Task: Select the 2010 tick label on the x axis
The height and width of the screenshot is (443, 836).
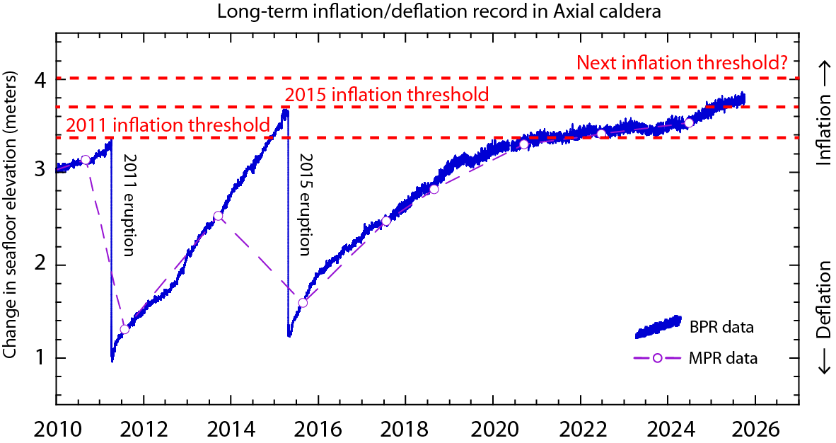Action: coord(56,428)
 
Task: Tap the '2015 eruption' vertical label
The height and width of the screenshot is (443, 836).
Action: coord(305,205)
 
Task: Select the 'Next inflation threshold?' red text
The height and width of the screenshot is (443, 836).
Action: coord(683,62)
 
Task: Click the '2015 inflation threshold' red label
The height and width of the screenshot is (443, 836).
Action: coord(386,95)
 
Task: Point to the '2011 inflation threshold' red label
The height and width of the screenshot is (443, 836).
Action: coord(168,126)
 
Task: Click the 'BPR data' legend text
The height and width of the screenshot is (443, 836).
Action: coord(720,327)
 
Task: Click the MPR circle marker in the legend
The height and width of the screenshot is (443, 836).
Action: coord(657,358)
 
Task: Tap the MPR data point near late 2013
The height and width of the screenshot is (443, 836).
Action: coord(218,216)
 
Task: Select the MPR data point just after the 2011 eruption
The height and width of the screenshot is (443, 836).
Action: coord(124,329)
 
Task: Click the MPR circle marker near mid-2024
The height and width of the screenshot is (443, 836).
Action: coord(689,123)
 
